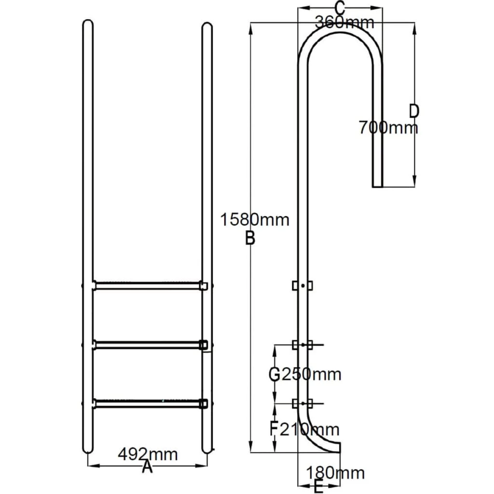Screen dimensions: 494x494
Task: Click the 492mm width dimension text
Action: pos(148,454)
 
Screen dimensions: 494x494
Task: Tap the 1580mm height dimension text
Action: pos(255,220)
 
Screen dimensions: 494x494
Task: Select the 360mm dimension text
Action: pos(344,22)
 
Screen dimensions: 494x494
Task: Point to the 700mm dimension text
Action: pos(388,127)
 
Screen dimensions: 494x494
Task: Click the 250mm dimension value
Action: pos(311,374)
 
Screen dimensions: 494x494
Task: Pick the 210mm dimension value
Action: pos(310,429)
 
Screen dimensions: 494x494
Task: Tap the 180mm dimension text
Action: pos(335,473)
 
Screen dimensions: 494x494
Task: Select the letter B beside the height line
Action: pos(249,238)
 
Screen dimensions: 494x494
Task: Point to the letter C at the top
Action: pos(340,8)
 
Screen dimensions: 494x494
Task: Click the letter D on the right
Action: pos(413,111)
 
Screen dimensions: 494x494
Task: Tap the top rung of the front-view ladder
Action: pos(147,286)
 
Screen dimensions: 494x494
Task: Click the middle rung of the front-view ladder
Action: pos(147,344)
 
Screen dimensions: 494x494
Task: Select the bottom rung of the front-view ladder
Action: pos(147,403)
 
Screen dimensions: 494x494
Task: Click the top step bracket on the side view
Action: pos(302,286)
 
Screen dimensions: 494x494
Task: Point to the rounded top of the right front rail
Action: pos(207,27)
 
